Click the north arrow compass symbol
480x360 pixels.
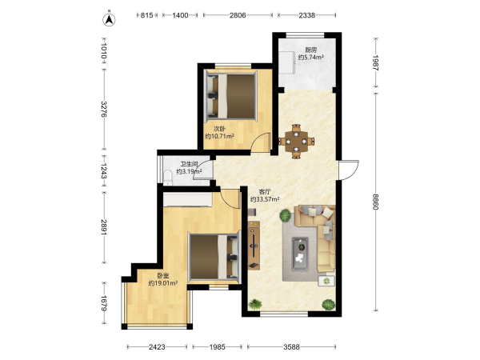[109, 19]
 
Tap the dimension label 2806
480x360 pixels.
[238, 15]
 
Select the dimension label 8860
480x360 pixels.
[376, 202]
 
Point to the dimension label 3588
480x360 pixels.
[291, 347]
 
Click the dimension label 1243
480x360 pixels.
[103, 171]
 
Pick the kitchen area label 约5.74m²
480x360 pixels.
[311, 57]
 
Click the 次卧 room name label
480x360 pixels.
[219, 129]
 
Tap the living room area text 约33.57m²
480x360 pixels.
[265, 199]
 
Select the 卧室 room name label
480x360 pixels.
[163, 276]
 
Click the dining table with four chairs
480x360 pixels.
[296, 141]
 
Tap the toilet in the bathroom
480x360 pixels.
[168, 178]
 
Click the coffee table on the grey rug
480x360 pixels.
[300, 254]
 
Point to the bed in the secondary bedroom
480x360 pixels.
[232, 96]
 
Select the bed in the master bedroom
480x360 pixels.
[213, 257]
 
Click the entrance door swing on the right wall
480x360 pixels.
[349, 170]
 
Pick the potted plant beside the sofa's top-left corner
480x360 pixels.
[285, 215]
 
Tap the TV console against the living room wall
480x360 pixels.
[254, 245]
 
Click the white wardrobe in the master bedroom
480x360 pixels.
[188, 199]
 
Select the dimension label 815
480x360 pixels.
[146, 15]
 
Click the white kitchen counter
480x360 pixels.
[287, 62]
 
